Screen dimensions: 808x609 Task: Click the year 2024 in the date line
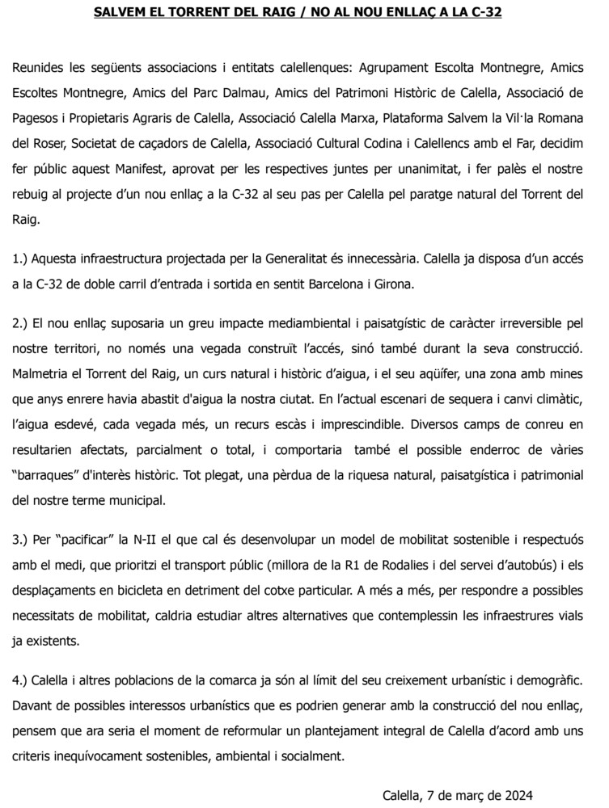[517, 794]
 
